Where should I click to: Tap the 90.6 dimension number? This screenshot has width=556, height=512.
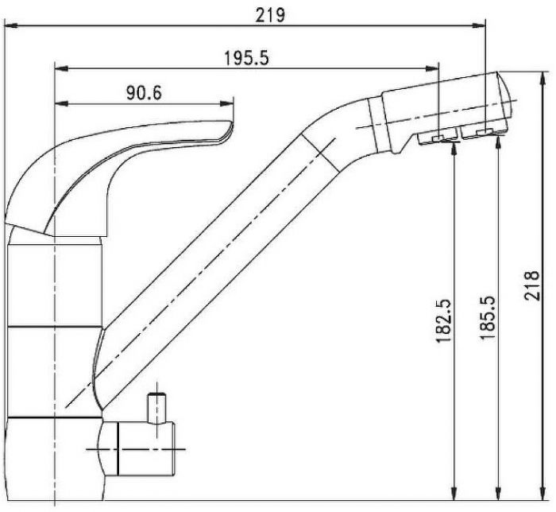pyautogui.click(x=144, y=93)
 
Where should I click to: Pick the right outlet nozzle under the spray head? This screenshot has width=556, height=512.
pyautogui.click(x=481, y=134)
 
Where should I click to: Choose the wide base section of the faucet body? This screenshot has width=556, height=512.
pyautogui.click(x=52, y=457)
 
